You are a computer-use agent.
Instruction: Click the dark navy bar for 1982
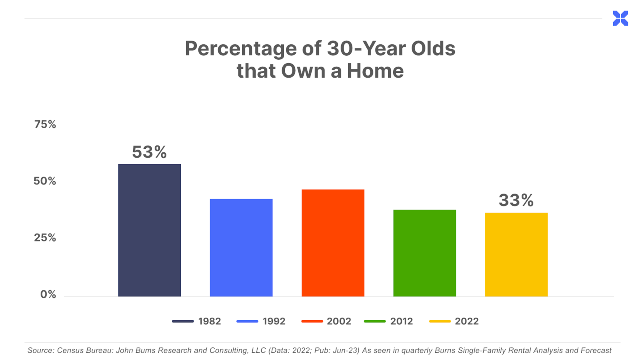click(150, 230)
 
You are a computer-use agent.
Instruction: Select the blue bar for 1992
click(241, 248)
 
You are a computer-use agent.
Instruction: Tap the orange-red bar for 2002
click(333, 243)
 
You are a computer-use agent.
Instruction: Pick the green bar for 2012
click(424, 253)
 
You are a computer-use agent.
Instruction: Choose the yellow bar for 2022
click(516, 254)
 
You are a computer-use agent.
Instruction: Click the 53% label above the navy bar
click(149, 152)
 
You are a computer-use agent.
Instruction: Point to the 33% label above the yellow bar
click(516, 200)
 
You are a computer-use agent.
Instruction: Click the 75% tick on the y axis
click(45, 124)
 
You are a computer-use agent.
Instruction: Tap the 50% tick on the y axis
click(44, 181)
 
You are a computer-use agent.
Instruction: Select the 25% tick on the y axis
click(45, 238)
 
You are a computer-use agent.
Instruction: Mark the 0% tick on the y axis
click(48, 294)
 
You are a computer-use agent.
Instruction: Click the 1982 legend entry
click(196, 321)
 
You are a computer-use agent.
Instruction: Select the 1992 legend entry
click(261, 321)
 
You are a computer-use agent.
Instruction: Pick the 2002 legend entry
click(326, 321)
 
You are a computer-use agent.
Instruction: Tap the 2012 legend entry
click(388, 321)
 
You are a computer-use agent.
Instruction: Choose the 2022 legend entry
click(454, 321)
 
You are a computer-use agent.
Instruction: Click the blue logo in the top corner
click(620, 18)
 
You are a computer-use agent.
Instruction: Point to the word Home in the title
click(375, 70)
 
